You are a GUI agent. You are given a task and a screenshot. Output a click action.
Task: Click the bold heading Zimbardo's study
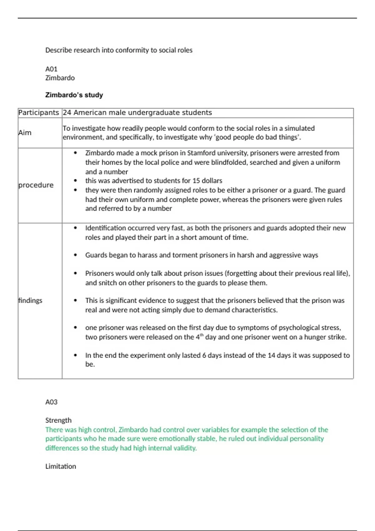(74, 95)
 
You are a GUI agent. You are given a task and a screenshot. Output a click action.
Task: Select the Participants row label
(38, 113)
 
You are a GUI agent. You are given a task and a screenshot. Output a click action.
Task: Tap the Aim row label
(25, 133)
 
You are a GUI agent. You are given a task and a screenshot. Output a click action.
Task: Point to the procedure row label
(36, 185)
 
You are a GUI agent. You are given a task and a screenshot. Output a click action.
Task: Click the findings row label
(30, 300)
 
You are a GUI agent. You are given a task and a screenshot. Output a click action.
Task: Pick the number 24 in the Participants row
(67, 113)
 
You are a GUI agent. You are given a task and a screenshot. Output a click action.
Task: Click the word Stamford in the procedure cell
(200, 153)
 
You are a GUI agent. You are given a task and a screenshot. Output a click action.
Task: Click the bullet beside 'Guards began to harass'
(75, 255)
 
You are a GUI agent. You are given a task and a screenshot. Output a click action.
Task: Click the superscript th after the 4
(202, 335)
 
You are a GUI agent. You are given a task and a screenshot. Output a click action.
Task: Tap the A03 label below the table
(51, 402)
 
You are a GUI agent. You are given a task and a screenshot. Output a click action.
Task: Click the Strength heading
(58, 420)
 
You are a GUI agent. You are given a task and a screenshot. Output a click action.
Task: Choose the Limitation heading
(61, 466)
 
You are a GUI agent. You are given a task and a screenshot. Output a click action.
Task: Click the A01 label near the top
(51, 69)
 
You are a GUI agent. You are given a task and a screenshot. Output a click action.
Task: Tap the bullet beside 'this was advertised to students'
(75, 181)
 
